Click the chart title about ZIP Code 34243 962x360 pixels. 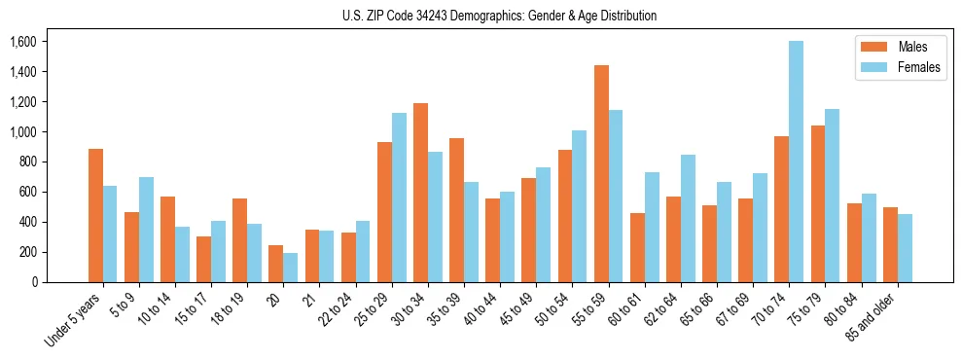(x=500, y=16)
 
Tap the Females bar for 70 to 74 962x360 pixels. (x=796, y=162)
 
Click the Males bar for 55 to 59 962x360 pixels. (x=601, y=173)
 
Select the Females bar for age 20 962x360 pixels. (x=290, y=268)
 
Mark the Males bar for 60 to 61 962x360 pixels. (x=637, y=247)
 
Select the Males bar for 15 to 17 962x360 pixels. (x=203, y=259)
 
